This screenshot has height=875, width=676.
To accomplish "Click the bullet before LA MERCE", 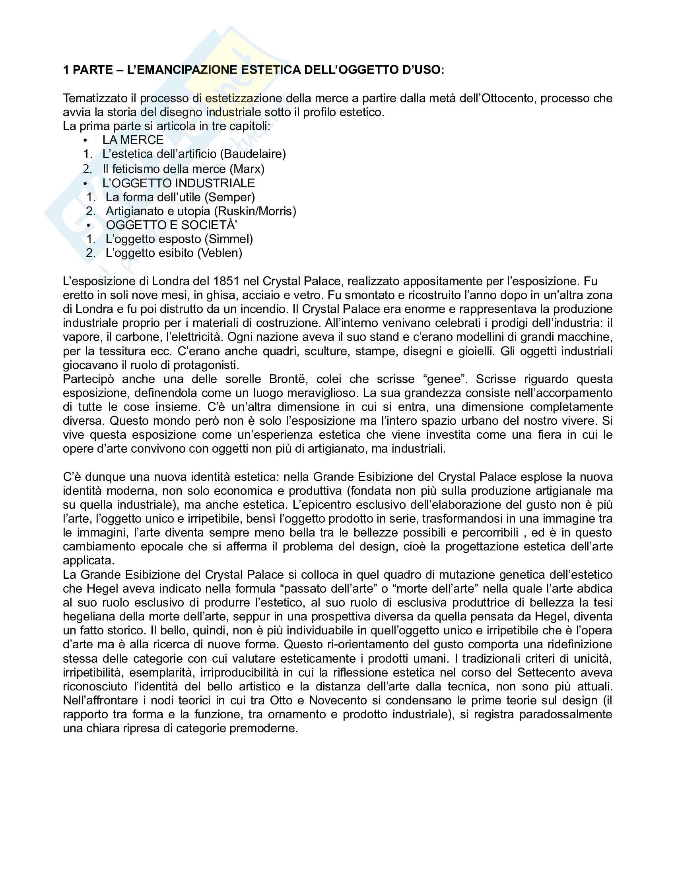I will click(x=85, y=141).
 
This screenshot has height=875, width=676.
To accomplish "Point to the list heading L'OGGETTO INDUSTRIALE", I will click(x=179, y=183).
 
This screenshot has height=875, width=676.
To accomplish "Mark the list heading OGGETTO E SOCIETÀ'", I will click(x=171, y=225).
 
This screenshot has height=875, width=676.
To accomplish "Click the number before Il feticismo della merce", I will click(x=88, y=169).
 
